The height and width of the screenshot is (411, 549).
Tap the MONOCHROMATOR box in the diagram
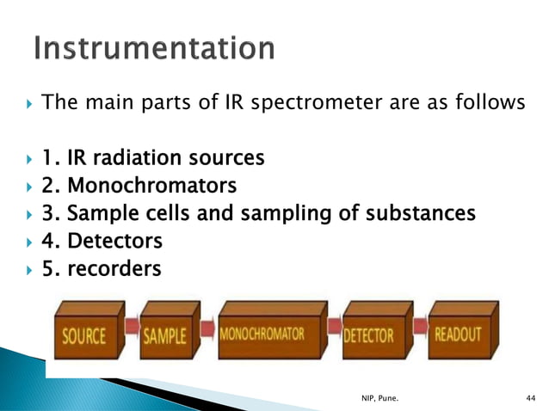pos(268,334)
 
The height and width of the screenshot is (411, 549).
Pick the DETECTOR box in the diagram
pos(371,334)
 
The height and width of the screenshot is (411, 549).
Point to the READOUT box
pos(460,334)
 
